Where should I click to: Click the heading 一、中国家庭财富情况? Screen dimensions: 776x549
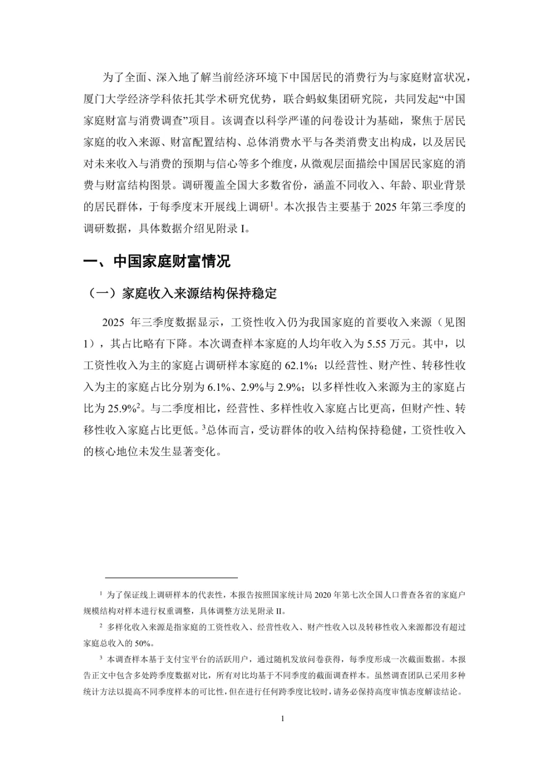[157, 261]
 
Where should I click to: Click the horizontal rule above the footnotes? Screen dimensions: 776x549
[171, 578]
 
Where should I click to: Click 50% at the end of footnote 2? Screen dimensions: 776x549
[143, 643]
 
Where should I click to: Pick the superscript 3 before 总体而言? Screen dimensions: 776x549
[203, 427]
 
